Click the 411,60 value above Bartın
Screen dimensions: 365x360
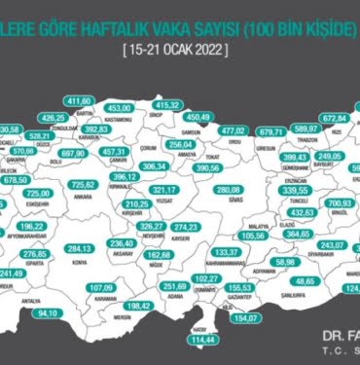point(78,100)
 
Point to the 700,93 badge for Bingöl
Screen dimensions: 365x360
point(341,204)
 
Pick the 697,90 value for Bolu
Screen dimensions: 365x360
point(75,153)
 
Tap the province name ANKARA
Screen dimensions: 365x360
point(82,196)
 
